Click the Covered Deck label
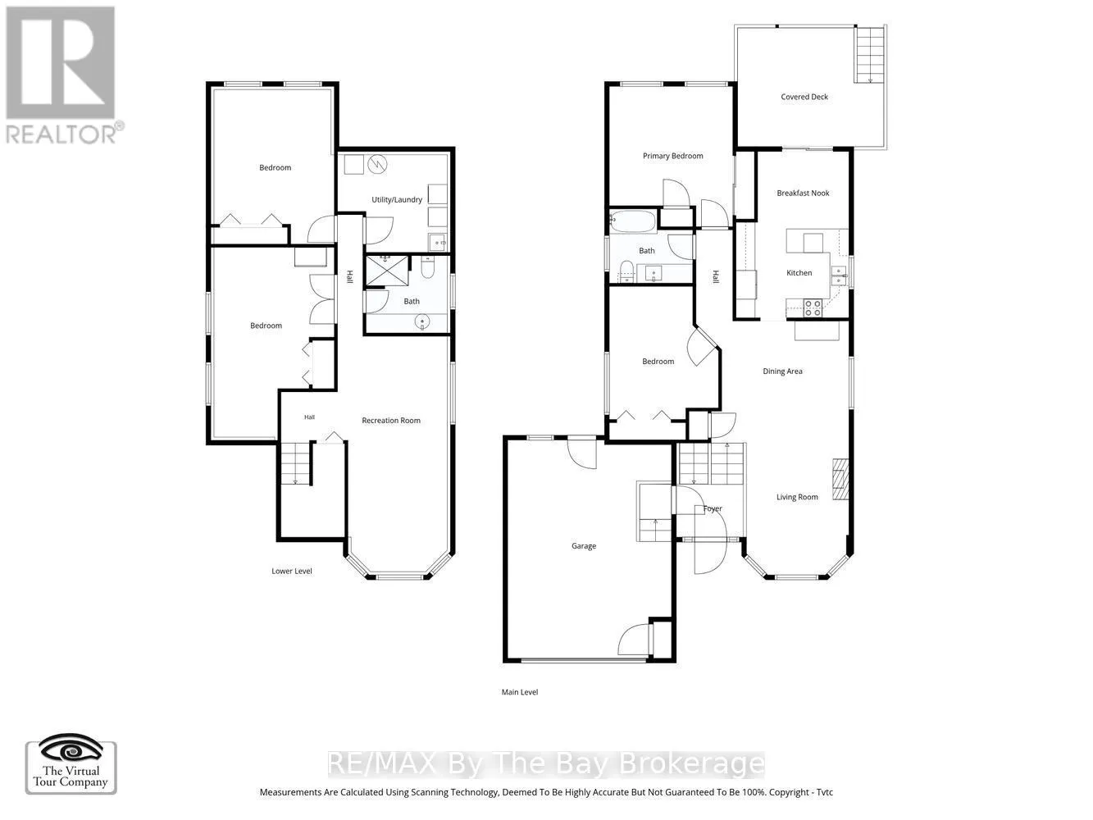click(804, 97)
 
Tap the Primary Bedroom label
click(672, 156)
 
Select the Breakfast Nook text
click(803, 193)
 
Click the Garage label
click(584, 546)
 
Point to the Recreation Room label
click(391, 420)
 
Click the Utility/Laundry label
click(397, 199)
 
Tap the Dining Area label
click(782, 371)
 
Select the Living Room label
click(797, 497)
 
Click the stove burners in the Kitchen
click(813, 308)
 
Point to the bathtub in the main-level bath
click(633, 222)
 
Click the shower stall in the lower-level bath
click(387, 271)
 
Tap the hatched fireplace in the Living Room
click(840, 479)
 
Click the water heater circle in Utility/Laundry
click(377, 164)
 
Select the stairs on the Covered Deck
click(870, 55)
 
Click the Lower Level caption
click(292, 571)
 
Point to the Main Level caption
click(520, 692)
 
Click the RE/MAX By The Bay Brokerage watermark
click(546, 764)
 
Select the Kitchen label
click(799, 273)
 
